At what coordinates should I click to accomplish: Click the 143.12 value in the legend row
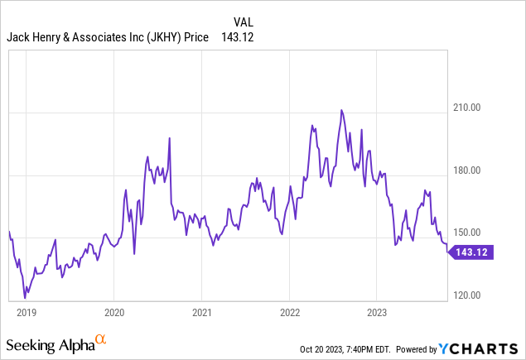[235, 37]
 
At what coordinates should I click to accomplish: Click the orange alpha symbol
[100, 339]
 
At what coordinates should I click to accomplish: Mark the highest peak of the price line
[340, 110]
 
